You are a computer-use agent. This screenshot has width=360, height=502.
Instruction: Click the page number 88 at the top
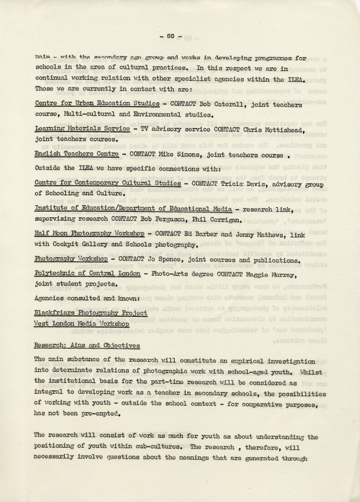click(x=171, y=36)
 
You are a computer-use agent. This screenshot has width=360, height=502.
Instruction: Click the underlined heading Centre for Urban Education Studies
click(x=97, y=104)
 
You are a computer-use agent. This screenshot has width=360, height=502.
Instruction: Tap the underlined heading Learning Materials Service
click(x=82, y=128)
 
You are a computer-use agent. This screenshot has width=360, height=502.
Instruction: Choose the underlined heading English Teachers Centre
click(x=77, y=154)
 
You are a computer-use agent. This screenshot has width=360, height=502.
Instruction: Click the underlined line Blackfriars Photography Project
click(x=91, y=313)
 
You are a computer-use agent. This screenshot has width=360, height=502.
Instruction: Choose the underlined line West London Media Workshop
click(x=81, y=324)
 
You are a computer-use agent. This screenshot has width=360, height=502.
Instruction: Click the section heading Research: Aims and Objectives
click(x=87, y=345)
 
